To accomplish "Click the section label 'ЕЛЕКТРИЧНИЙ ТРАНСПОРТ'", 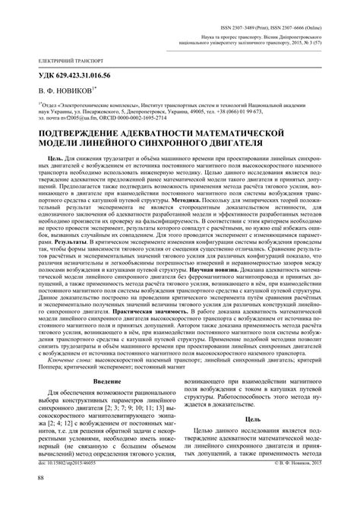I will coord(58,58).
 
